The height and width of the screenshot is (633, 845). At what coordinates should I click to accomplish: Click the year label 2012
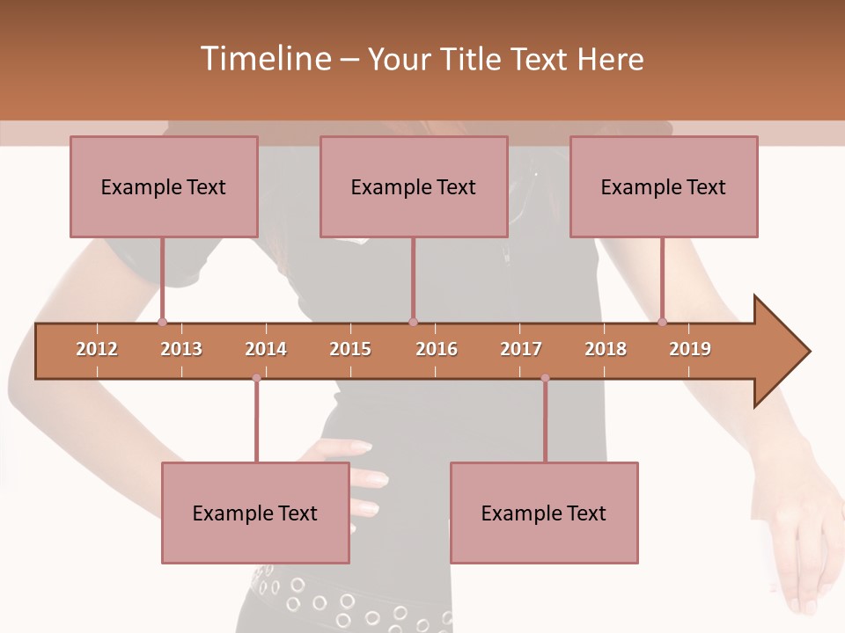(97, 349)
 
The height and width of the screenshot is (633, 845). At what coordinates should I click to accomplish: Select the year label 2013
(181, 349)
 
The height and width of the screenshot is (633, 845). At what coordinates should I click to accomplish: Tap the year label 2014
(266, 349)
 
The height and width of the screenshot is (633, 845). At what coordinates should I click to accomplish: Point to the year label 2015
(350, 349)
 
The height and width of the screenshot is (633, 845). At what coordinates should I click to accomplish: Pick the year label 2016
(437, 349)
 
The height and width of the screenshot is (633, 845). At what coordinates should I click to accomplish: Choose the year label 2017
(521, 349)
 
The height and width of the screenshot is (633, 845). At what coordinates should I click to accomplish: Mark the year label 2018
(606, 349)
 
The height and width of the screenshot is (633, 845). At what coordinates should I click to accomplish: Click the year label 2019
(690, 349)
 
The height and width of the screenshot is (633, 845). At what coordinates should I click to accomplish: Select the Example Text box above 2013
(164, 186)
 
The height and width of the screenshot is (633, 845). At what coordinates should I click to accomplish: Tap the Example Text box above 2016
(414, 186)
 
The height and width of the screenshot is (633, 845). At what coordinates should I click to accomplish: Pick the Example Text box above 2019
(664, 186)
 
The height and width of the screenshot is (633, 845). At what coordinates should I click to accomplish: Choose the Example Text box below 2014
(255, 513)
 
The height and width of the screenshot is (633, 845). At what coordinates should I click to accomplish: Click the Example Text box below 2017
(544, 513)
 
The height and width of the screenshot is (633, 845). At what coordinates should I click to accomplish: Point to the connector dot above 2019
(663, 322)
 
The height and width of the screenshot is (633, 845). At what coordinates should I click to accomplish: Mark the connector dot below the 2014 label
(256, 378)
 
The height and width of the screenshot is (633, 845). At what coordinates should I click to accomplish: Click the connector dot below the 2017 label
(545, 378)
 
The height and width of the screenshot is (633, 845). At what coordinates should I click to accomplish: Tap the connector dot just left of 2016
(413, 322)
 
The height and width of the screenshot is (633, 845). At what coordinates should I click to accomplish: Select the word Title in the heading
(473, 59)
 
